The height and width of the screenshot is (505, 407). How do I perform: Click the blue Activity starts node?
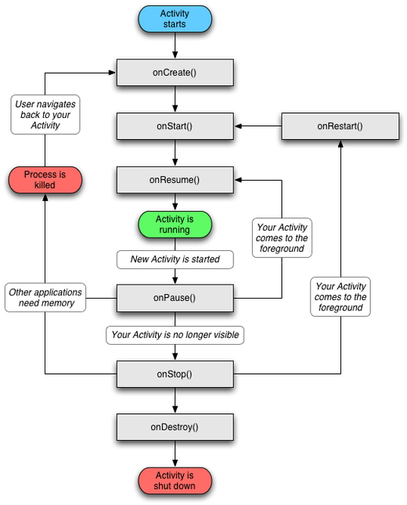tap(175, 19)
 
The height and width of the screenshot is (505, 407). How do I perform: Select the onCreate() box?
tap(175, 73)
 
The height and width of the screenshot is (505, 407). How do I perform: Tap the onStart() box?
tap(175, 126)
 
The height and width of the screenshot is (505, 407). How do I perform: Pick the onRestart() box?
tap(340, 126)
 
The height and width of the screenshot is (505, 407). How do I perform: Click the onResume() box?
tap(175, 180)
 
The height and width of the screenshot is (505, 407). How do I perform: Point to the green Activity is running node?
tap(175, 224)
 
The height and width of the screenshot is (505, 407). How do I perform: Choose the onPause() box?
tap(175, 298)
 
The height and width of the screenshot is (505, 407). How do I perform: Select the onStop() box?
tap(175, 374)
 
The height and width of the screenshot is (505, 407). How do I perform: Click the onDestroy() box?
tap(175, 427)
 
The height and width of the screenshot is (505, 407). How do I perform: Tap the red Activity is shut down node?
tap(175, 481)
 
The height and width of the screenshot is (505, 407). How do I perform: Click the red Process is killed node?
tap(45, 180)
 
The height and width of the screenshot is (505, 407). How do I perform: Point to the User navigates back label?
tap(45, 114)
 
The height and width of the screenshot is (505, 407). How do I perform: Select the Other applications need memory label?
tap(45, 298)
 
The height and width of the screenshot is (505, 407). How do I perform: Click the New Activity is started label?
tap(175, 260)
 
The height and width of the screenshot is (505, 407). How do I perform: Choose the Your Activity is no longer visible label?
tap(175, 335)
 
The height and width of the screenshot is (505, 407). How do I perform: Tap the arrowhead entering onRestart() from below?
tap(340, 144)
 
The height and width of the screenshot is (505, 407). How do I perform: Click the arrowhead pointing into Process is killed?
tap(45, 198)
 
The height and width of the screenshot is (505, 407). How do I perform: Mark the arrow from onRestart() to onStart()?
tap(258, 126)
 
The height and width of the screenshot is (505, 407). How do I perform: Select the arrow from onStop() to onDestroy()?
tap(175, 400)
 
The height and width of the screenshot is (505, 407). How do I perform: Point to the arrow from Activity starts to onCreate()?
tap(175, 45)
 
